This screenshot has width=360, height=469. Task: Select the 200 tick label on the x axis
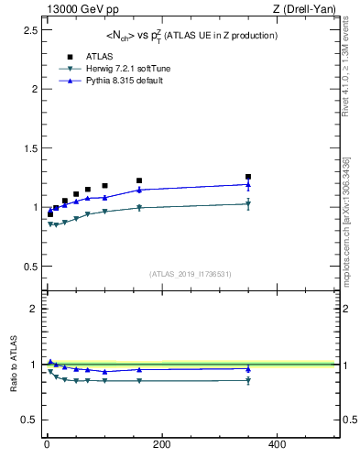click(161, 444)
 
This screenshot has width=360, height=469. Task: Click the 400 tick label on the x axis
click(277, 444)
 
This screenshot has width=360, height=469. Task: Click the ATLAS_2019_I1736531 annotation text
click(191, 274)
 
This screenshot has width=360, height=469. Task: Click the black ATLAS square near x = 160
click(139, 180)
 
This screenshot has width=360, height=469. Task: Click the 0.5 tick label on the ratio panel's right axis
click(346, 420)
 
